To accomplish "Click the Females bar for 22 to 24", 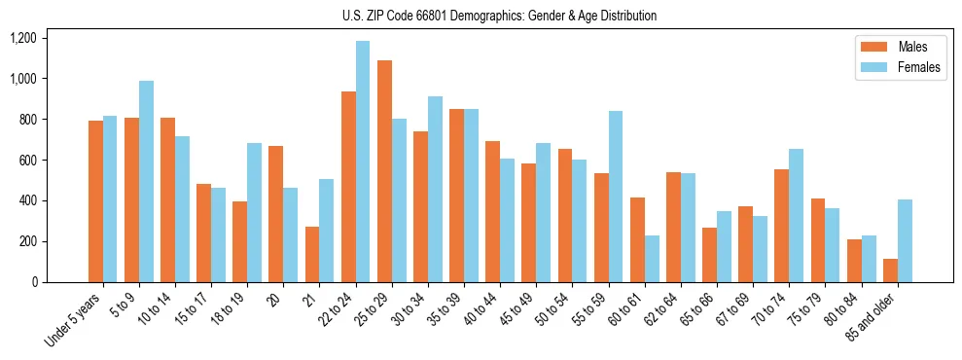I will pos(363,162).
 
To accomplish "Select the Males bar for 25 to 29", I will pos(384,171).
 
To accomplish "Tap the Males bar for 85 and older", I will pos(890,270).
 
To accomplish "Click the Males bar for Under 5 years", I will pos(95,201).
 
